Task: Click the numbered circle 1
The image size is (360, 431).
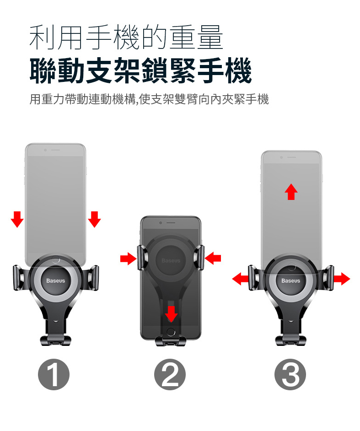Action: pos(54,374)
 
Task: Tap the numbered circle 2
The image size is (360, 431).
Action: pos(170,374)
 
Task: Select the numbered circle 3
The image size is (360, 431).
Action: pos(290,374)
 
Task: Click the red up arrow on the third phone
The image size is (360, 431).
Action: pos(291,192)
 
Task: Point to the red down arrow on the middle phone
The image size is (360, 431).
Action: pos(171,313)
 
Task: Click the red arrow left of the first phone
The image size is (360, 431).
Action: pos(17,219)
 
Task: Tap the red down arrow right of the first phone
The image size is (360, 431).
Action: pos(94,219)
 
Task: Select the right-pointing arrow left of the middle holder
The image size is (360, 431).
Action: pos(129,259)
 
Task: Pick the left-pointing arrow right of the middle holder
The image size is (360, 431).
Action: pos(213,259)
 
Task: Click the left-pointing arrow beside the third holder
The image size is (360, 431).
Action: pos(240,279)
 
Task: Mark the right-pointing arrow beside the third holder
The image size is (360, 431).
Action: pos(342,279)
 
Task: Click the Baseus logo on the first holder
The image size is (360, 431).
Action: pos(55,280)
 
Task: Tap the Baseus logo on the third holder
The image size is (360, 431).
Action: pos(291,280)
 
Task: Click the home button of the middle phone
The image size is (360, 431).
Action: pos(171,332)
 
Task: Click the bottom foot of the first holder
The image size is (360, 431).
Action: pos(55,340)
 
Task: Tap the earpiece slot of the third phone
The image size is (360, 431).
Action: pos(291,157)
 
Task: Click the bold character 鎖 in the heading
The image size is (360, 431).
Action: pos(155,70)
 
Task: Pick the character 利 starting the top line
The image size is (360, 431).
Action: pos(42,37)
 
